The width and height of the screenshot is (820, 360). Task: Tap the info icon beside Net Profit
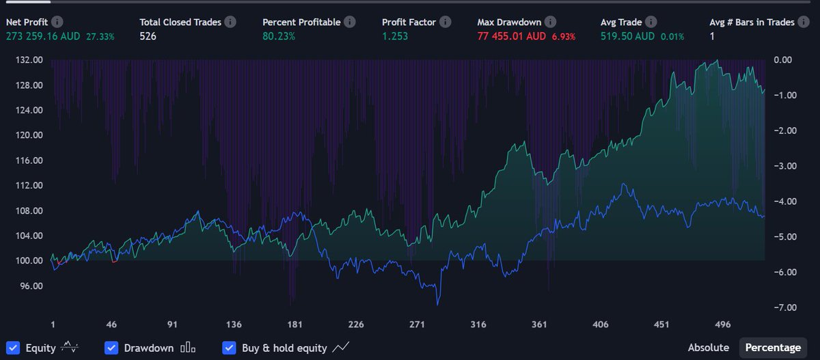57,23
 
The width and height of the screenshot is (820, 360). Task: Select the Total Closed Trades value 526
148,36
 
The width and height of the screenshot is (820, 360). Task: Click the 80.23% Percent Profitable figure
279,36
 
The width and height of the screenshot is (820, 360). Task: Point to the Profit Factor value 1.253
395,36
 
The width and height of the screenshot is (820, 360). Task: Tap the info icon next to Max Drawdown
550,23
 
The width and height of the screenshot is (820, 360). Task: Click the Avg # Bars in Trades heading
752,23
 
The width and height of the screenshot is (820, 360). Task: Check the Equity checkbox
13,348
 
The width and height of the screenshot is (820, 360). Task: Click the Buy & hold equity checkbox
230,348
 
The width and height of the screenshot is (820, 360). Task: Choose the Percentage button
773,348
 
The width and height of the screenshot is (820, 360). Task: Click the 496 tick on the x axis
722,324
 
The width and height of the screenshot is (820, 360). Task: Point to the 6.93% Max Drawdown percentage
564,36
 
